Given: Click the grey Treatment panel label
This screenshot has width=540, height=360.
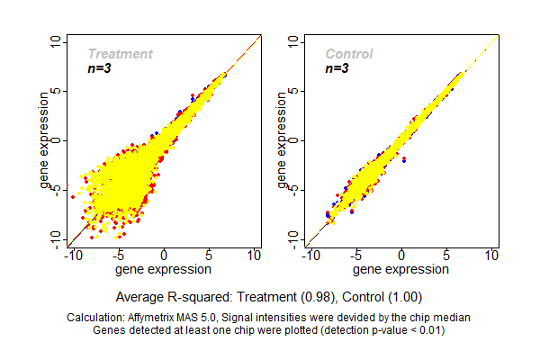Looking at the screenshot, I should point(120,54).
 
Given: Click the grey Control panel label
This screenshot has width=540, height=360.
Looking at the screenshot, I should point(348,54).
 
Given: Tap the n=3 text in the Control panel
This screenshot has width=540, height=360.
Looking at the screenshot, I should point(337,68).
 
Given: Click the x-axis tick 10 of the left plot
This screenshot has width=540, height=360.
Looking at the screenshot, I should point(255,256).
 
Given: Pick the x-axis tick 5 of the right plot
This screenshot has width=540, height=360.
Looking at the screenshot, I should point(447,256).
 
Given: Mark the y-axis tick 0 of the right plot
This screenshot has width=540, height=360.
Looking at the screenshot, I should point(295,139).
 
